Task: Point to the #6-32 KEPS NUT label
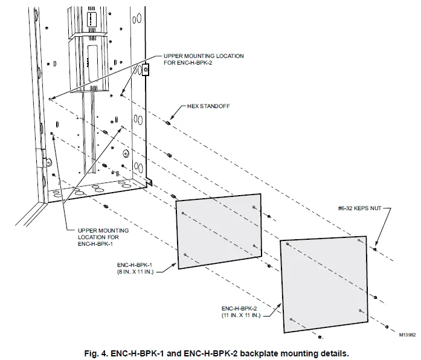coord(361,210)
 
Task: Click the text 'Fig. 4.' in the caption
coord(95,352)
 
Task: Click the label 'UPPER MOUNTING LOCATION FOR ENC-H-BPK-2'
coord(204,59)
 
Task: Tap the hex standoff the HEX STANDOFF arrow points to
coord(167,121)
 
